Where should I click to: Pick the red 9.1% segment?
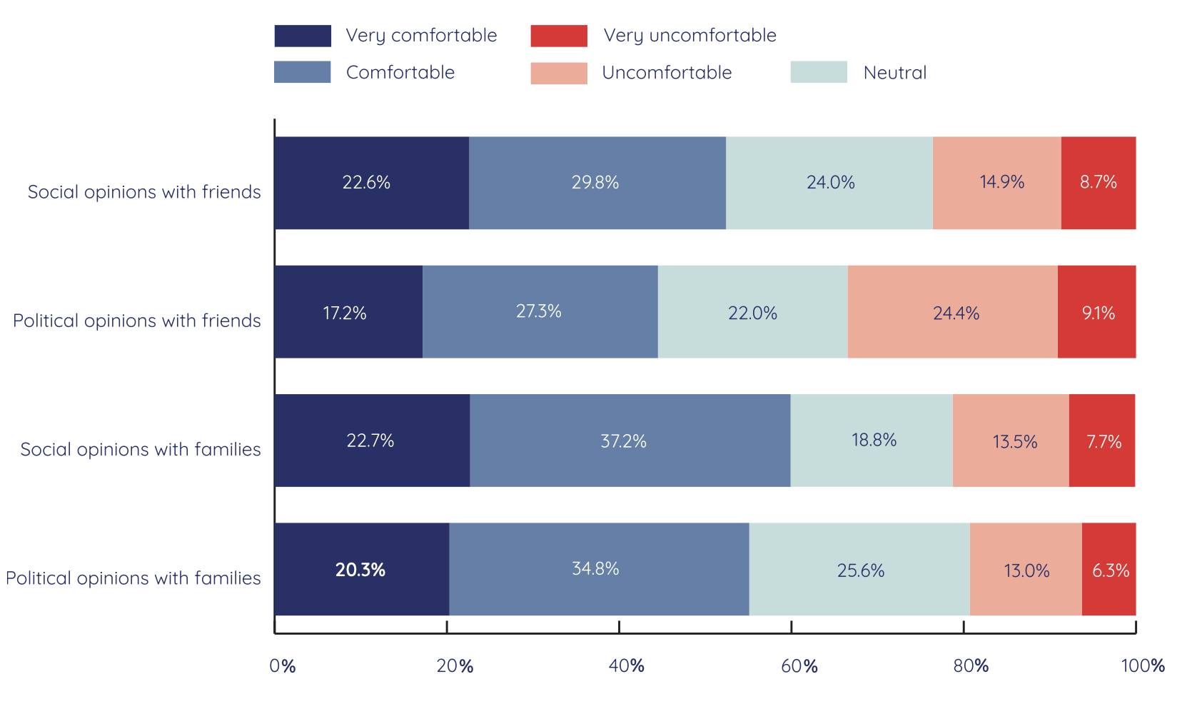pos(1096,312)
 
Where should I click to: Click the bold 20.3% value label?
pos(360,570)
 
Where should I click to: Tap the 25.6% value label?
pos(860,570)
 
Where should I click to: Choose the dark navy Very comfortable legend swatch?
pos(303,36)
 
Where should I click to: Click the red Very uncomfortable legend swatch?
pos(559,36)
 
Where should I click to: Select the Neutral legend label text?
pos(894,73)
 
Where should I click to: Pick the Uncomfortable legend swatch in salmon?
pos(559,73)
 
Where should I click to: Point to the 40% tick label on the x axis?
pos(626,666)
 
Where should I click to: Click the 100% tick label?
pos(1142,666)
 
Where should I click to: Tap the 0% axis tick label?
pos(283,666)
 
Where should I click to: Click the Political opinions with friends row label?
pos(137,321)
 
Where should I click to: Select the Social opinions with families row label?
pos(141,449)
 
